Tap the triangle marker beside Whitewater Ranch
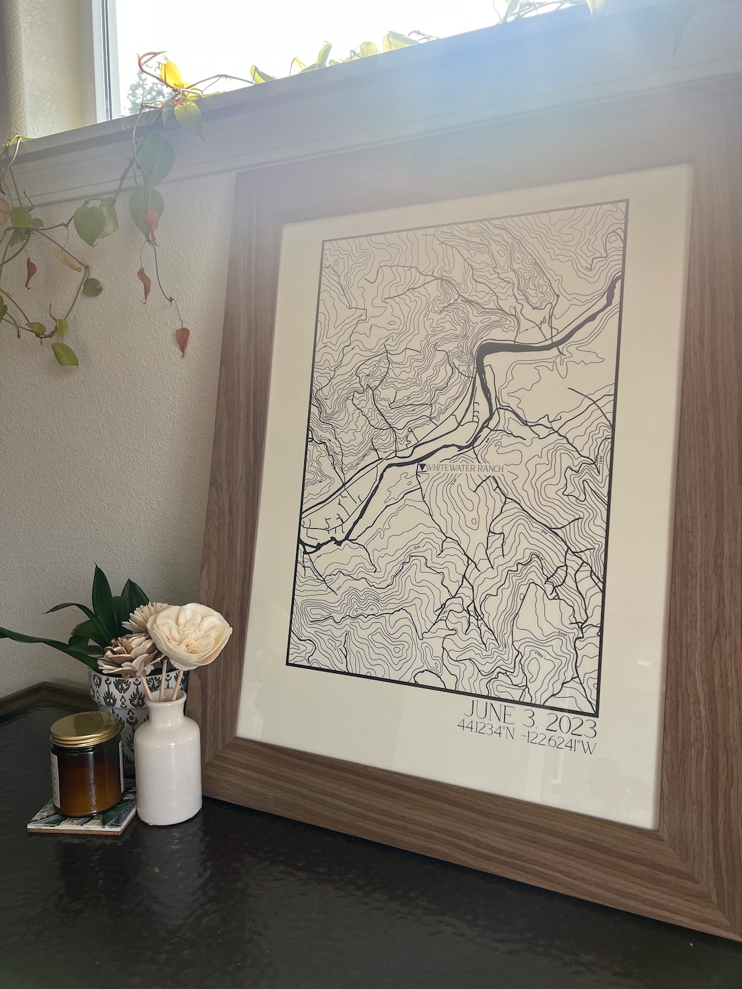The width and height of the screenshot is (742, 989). point(422,468)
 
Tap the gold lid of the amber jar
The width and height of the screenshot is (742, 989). point(85,729)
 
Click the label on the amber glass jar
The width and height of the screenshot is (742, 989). point(56,781)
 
